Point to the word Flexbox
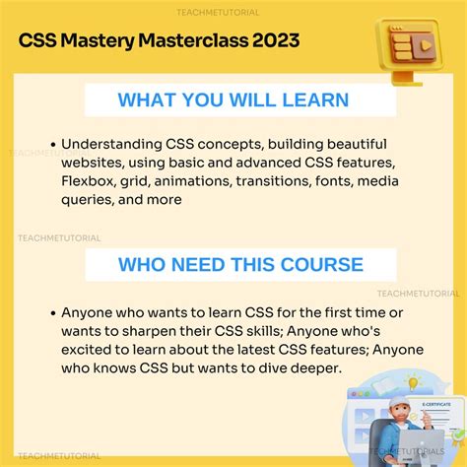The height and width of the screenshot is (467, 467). click(x=92, y=181)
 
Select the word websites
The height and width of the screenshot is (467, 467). click(x=94, y=163)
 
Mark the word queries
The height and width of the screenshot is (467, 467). click(x=90, y=200)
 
